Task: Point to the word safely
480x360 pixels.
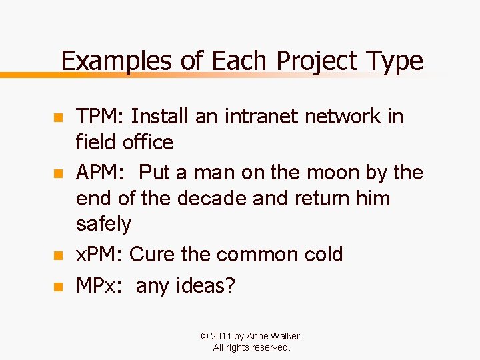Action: (x=104, y=224)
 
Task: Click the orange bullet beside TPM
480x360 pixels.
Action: (x=57, y=118)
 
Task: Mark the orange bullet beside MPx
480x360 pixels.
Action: (x=57, y=287)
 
